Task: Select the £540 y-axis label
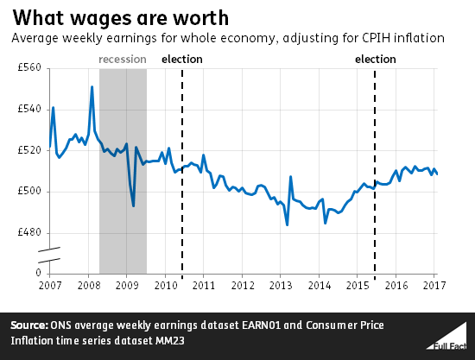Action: pos(29,109)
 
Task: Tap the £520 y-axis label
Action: pos(29,150)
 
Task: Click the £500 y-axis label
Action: pos(29,192)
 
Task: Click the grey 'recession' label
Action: pos(123,60)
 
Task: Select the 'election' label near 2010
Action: pos(182,60)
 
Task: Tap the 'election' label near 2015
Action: pos(376,60)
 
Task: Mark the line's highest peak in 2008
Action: pos(92,86)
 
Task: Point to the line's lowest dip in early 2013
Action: pos(287,225)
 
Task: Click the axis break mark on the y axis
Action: pos(49,255)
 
